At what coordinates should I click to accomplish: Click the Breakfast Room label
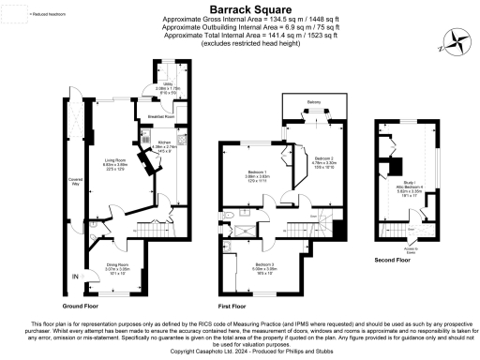tap(163, 117)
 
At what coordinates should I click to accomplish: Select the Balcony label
tap(314, 102)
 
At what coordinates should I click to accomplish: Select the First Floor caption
tap(232, 306)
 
